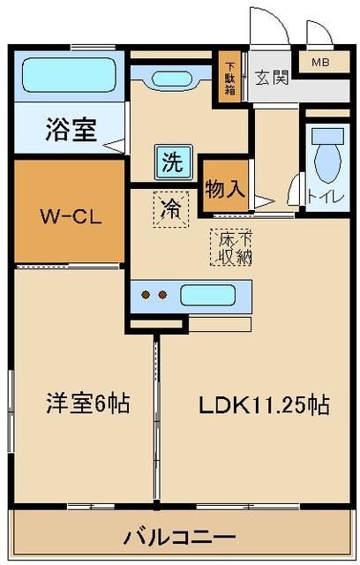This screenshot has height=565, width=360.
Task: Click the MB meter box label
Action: [318, 63]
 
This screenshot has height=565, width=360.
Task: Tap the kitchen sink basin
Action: [207, 295]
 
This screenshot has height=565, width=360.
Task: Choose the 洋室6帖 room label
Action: [88, 404]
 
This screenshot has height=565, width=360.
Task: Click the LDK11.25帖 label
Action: [264, 405]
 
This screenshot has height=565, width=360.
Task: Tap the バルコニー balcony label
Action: [180, 536]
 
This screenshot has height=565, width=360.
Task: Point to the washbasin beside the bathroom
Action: [181, 76]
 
